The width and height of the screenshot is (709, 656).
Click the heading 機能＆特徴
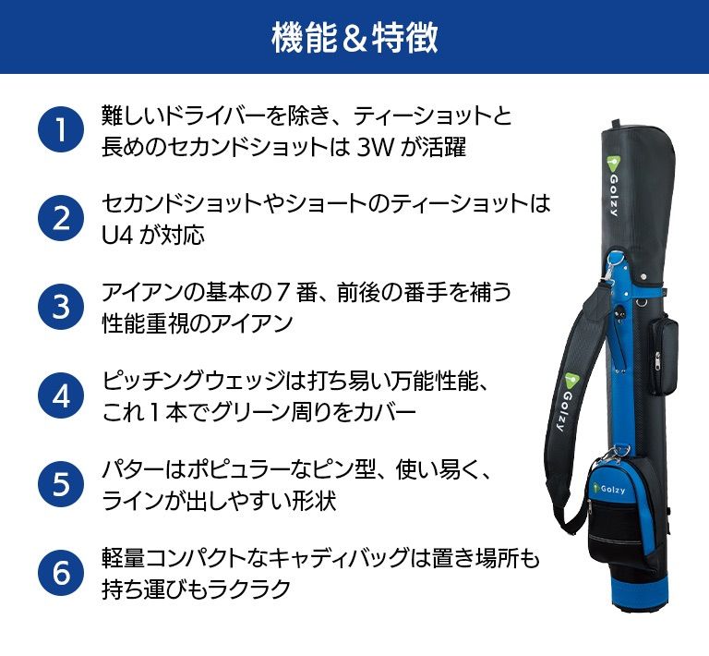click(354, 37)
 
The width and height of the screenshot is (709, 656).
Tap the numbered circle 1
click(61, 129)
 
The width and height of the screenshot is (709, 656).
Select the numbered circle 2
click(61, 218)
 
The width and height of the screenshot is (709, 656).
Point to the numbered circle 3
click(61, 306)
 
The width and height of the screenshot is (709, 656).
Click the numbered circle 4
click(61, 395)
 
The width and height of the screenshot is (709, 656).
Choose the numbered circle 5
click(61, 483)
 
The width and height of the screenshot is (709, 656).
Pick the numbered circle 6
click(61, 572)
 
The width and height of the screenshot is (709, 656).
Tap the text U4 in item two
click(117, 236)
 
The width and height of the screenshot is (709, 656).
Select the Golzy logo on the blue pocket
click(609, 489)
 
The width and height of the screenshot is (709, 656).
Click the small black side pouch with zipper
click(663, 357)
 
